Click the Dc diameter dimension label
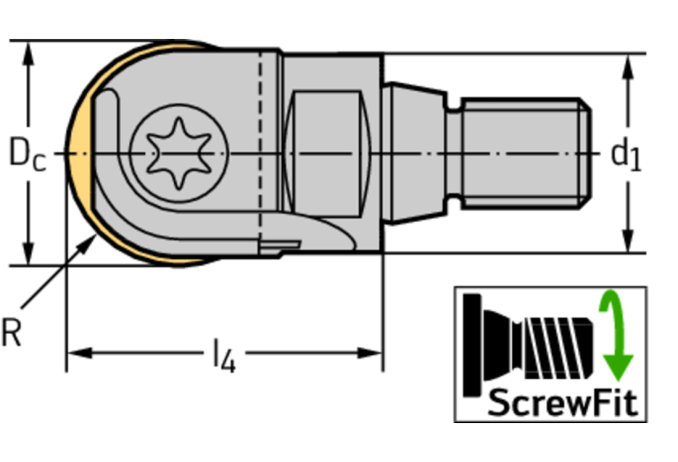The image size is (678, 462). (x=27, y=153)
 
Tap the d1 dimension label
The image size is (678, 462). (x=626, y=155)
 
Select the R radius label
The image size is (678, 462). (x=11, y=332)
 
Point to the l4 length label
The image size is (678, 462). (x=225, y=356)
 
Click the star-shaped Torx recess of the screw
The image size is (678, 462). (x=179, y=154)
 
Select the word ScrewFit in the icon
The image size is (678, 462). (x=562, y=402)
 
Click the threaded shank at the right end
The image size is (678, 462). (x=526, y=154)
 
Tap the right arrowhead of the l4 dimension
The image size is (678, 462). (x=369, y=353)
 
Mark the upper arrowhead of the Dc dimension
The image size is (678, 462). (x=28, y=54)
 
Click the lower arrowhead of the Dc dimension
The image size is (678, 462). (x=28, y=253)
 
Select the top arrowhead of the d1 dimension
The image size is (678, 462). (x=628, y=66)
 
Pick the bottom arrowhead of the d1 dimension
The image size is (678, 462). (x=628, y=240)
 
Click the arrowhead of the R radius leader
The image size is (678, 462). (x=88, y=243)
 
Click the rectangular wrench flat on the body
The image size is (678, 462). (x=327, y=154)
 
